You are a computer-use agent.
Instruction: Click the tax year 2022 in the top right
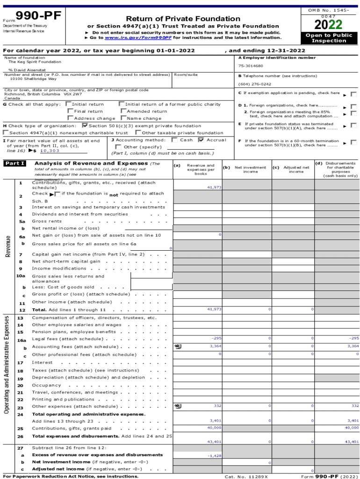329,24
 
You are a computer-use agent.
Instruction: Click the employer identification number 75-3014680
251,66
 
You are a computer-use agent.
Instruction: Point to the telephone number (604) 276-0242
254,84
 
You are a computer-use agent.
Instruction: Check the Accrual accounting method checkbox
201,140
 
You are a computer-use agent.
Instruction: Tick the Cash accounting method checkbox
174,140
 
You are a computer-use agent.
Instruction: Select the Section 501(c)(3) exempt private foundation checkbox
85,125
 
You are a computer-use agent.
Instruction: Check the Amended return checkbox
123,111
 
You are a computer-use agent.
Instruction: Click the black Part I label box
15,164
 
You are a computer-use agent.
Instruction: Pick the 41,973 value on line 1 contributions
214,187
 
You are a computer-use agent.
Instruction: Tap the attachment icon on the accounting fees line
178,347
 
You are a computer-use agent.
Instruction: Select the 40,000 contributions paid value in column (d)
352,428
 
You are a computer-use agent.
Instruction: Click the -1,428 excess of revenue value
215,455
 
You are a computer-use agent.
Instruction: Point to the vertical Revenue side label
8,246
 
